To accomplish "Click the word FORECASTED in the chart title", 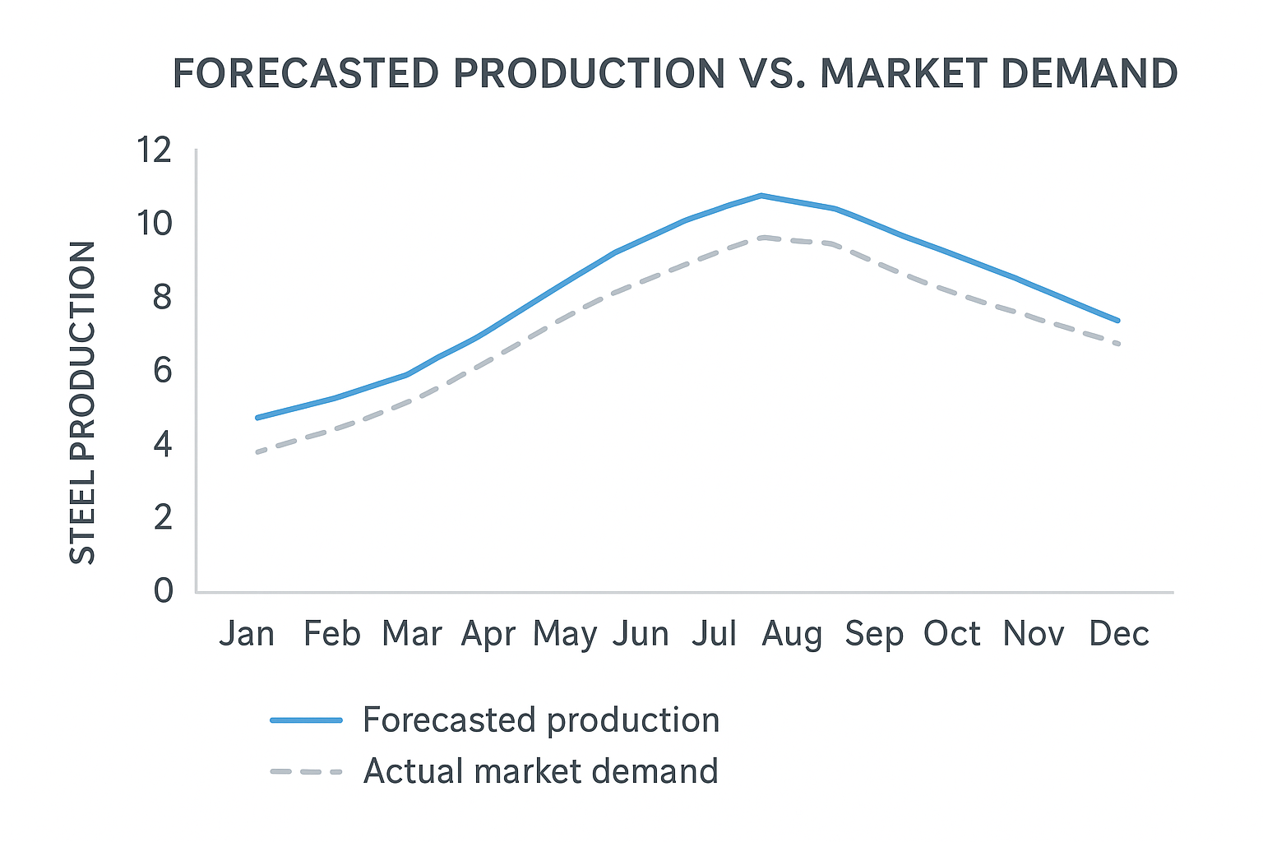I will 306,74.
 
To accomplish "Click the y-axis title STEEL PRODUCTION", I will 83,403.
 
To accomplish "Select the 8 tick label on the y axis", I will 162,297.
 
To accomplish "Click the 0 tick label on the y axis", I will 163,590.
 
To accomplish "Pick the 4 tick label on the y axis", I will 162,445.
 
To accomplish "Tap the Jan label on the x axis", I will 247,634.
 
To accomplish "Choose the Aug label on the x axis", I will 792,634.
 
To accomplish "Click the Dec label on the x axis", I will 1118,634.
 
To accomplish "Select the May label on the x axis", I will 565,634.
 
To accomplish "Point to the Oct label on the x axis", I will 952,634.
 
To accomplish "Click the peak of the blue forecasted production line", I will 762,196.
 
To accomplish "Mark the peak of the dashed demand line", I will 765,238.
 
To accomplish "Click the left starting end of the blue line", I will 258,418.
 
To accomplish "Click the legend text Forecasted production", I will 541,720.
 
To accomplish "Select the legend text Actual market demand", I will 540,771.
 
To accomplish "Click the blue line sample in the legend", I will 306,720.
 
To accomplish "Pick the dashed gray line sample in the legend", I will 306,772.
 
